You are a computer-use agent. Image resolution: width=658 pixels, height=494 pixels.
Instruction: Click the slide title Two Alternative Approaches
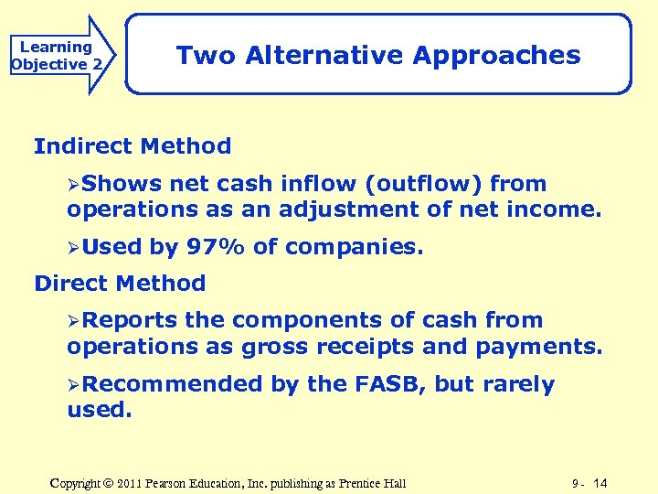click(x=378, y=55)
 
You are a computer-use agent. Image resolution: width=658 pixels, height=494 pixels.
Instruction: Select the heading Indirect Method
click(x=133, y=145)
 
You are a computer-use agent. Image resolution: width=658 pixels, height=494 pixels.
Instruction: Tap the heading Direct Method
click(x=120, y=283)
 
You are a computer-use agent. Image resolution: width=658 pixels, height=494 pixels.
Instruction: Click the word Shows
click(x=122, y=183)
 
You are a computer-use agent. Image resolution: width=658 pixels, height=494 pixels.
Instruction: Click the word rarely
click(x=515, y=384)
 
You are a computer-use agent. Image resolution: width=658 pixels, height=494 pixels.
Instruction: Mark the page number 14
click(x=600, y=482)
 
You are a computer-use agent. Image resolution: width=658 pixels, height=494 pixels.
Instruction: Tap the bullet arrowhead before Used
click(x=74, y=247)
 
